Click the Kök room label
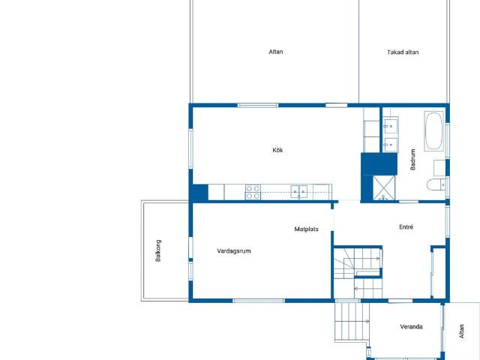click(277, 150)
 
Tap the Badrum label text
click(412, 160)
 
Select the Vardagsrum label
click(234, 251)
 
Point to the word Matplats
click(306, 229)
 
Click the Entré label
click(406, 226)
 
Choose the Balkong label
click(158, 250)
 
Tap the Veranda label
click(411, 327)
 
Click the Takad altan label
click(403, 52)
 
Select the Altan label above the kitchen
click(275, 52)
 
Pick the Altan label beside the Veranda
click(462, 331)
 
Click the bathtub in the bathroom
click(433, 131)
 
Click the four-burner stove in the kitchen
click(253, 192)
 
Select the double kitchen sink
click(298, 192)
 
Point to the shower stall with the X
click(384, 187)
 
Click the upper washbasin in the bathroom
click(391, 125)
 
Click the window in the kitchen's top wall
click(258, 105)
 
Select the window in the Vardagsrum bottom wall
click(259, 301)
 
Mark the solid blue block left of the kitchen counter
click(200, 192)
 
